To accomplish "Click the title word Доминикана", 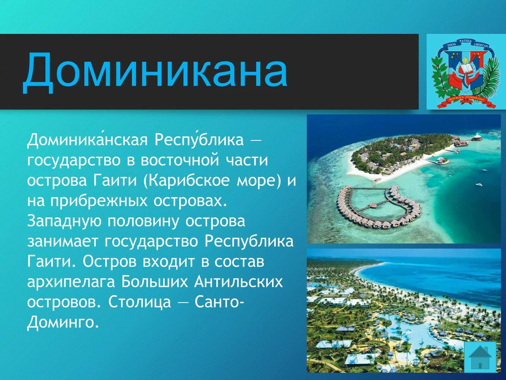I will click(155, 72).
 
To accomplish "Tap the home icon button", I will click(480, 357).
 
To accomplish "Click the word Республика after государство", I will click(249, 242).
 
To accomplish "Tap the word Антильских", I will click(238, 282).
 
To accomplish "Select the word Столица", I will click(139, 302).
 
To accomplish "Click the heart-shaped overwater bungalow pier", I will click(378, 207).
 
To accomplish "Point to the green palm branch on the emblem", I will click(489, 79).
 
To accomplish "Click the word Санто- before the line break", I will click(219, 302).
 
